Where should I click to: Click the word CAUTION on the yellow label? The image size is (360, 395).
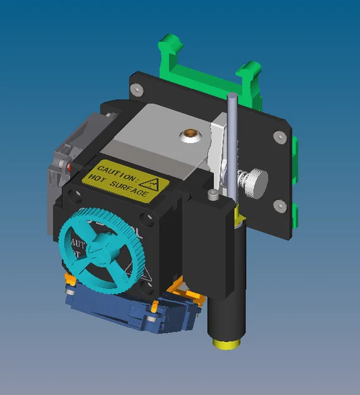pos(116,171)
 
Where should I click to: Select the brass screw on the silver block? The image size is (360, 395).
pos(189,134)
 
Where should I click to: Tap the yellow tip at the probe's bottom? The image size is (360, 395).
pos(226,343)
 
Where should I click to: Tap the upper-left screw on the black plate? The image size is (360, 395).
pos(136,89)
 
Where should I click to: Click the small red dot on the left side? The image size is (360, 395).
pos(67,167)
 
